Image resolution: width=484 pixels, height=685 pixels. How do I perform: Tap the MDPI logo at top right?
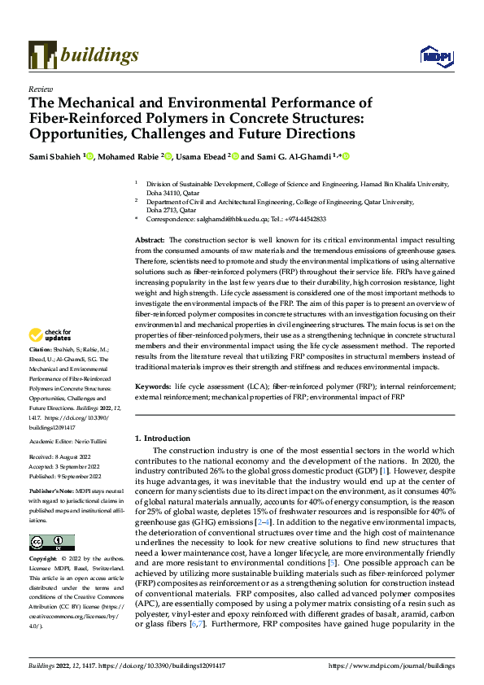(x=431, y=55)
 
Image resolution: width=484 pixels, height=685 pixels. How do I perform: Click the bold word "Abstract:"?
(x=150, y=241)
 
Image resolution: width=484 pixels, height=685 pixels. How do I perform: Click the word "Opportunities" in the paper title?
(x=82, y=133)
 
